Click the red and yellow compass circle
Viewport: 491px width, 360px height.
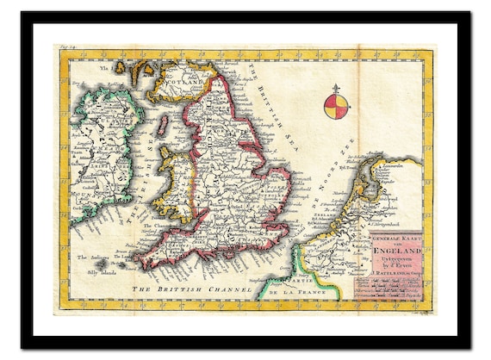(337, 107)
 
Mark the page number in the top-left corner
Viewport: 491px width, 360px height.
(66, 50)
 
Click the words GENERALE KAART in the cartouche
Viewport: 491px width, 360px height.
(388, 233)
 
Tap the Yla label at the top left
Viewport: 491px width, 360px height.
(105, 63)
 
